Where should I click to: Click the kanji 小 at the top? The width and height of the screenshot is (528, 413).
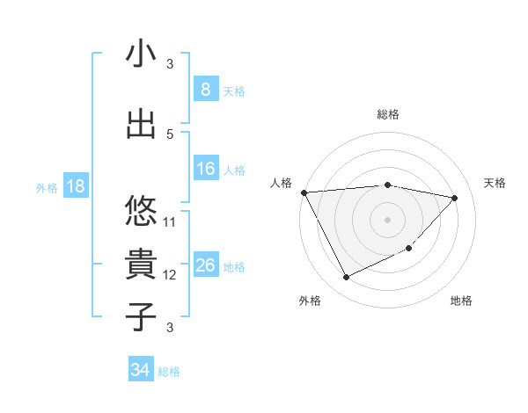coord(141,54)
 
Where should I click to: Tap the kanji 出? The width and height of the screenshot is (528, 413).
coord(141,124)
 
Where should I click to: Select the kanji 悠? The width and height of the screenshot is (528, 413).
coord(141,211)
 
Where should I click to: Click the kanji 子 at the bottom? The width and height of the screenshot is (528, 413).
coord(141,316)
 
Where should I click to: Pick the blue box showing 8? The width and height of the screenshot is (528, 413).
coord(205,90)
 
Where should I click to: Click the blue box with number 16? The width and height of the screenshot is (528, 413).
coord(205,169)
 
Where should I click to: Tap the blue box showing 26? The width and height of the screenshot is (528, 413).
coord(205,265)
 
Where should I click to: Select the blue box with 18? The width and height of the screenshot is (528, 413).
coord(75,186)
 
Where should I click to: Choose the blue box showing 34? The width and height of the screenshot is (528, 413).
coord(140,370)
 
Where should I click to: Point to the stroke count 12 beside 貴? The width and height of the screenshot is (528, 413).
coord(170,275)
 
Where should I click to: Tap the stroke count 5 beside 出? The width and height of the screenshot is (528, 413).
coord(170,134)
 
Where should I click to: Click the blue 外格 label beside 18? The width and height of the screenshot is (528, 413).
coord(46,187)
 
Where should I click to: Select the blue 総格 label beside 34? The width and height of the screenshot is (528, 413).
coord(169,372)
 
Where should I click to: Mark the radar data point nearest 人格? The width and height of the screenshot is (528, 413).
coord(304,192)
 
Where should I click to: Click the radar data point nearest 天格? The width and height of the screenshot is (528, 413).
coord(455,198)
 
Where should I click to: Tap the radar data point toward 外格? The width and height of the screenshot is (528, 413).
coord(346,278)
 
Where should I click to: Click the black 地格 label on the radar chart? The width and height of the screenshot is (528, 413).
coord(461,301)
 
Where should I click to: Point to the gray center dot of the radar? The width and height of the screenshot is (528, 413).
coord(387,219)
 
